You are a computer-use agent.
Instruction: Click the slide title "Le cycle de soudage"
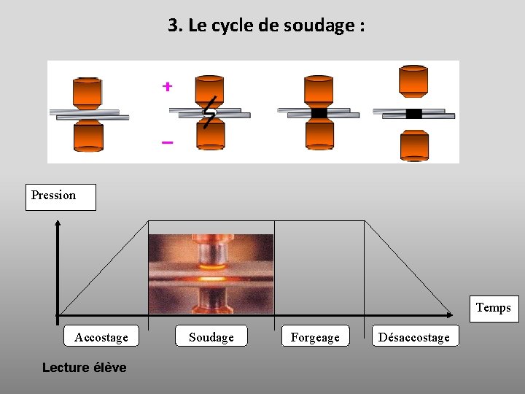266,26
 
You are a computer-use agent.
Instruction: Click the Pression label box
61,196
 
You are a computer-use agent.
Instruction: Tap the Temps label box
493,308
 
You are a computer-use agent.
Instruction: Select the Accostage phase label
101,336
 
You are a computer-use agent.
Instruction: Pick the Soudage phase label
211,336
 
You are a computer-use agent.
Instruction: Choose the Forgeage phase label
315,336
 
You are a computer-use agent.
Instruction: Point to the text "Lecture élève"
84,368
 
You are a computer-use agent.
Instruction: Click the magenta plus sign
167,87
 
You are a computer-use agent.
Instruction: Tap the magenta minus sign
167,142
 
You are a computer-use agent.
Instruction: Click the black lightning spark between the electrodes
209,112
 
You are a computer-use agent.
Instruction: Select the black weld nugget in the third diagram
319,113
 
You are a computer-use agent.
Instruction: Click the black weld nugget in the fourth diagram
413,113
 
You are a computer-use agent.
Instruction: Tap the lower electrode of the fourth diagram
414,144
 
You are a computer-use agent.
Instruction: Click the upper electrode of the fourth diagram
413,80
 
